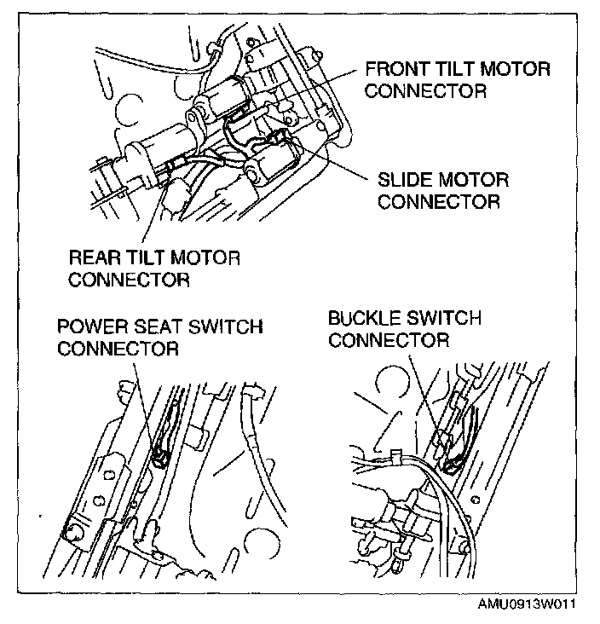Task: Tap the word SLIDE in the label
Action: [x=404, y=181]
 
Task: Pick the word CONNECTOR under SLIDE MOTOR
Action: [x=438, y=202]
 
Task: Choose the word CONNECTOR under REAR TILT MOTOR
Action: [x=128, y=279]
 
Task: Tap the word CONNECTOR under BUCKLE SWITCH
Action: [x=389, y=340]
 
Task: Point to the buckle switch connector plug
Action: [x=453, y=463]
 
